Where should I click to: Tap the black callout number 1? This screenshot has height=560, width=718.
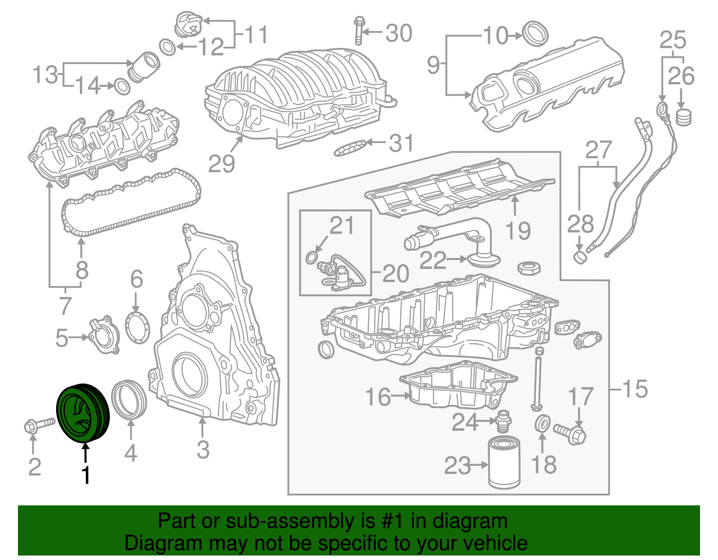pos(85,475)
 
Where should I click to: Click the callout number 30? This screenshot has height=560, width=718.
pos(399,33)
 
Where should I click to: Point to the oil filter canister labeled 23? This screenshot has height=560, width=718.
pos(504,464)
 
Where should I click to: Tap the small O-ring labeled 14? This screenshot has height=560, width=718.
pos(122,87)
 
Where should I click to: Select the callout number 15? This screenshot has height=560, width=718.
pos(635,389)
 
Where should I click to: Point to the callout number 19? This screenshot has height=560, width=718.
pos(517,230)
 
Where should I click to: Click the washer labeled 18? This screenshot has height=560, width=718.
pos(543,424)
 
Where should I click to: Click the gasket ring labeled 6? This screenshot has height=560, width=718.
pos(137,328)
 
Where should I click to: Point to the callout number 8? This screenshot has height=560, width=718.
pos(82,270)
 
